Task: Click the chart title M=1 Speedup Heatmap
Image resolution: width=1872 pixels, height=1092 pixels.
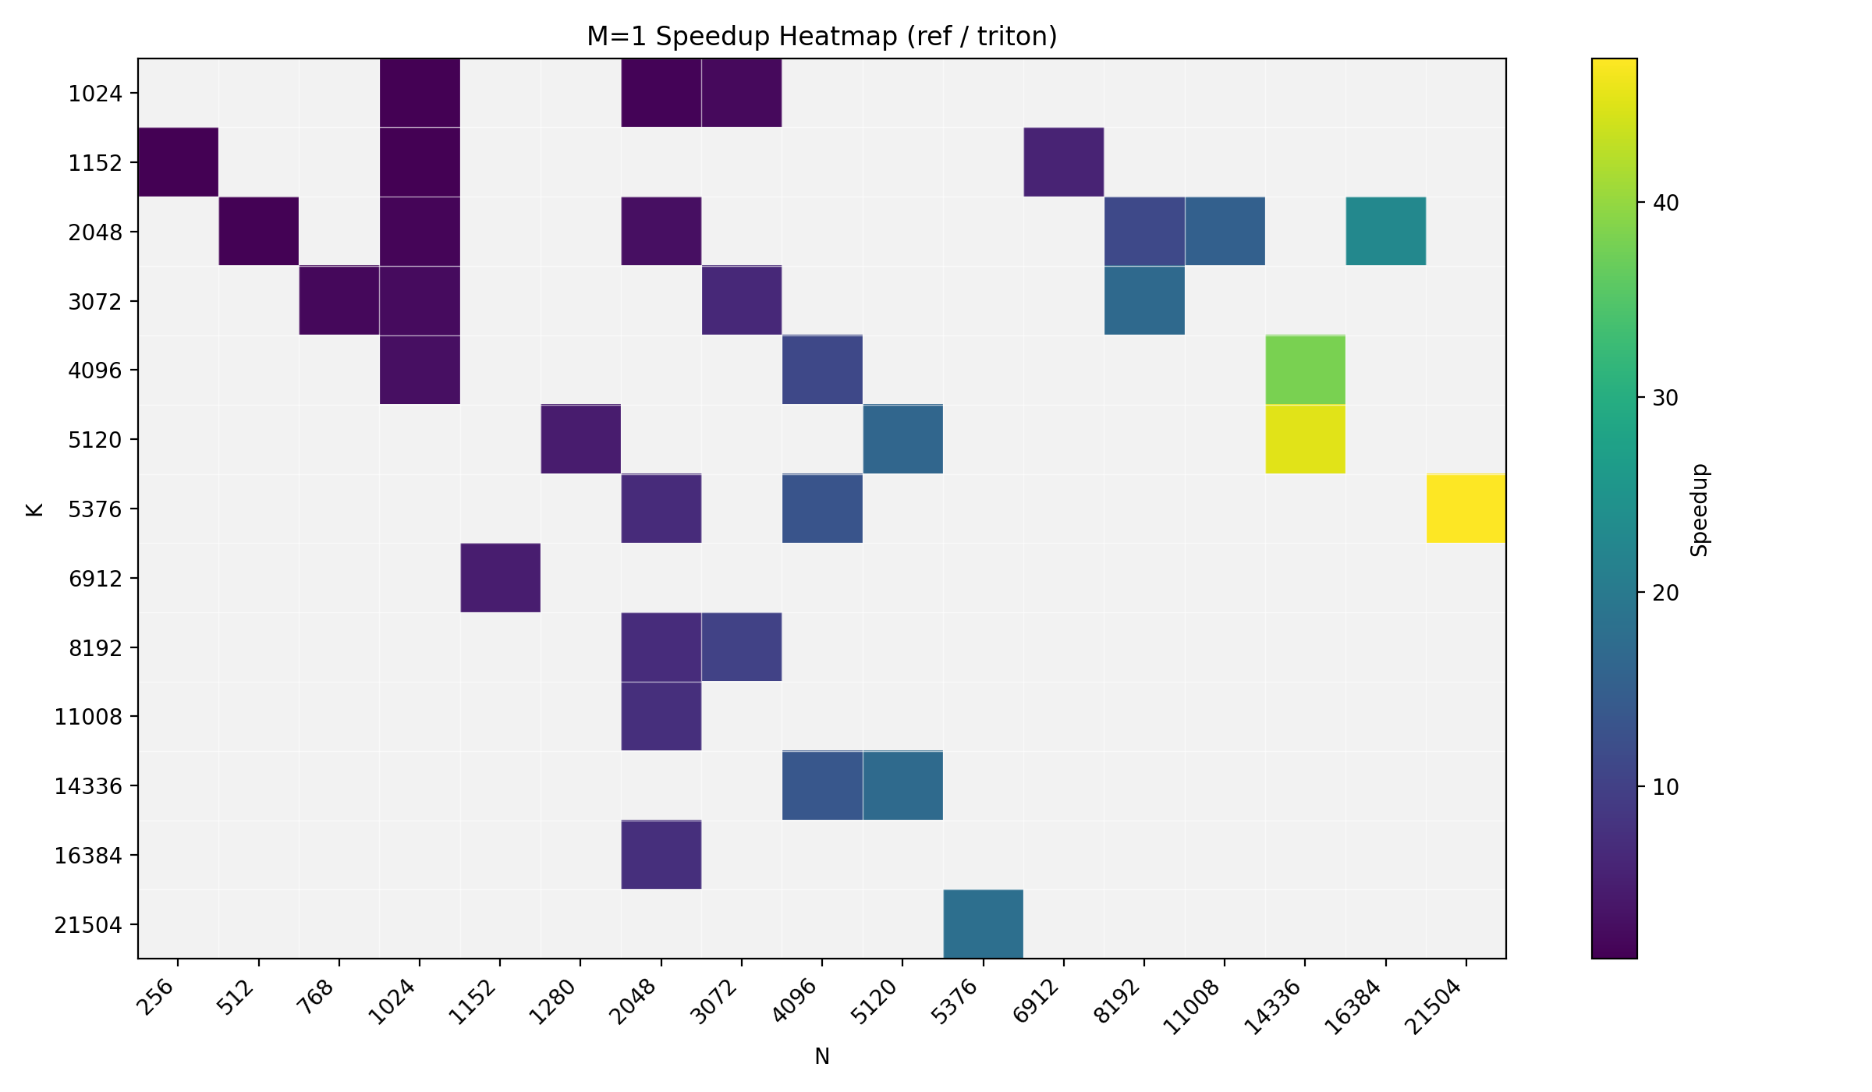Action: click(x=821, y=37)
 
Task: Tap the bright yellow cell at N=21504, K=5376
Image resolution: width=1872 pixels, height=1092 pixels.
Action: click(x=1466, y=509)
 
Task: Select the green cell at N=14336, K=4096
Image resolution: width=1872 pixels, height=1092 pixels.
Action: click(x=1305, y=370)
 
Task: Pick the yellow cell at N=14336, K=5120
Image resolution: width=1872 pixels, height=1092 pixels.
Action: click(x=1305, y=439)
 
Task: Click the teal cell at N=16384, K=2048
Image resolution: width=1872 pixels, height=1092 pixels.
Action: click(x=1385, y=232)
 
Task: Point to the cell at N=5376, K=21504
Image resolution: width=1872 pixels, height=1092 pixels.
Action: click(x=983, y=924)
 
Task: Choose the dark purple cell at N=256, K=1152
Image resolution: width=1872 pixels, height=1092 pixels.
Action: click(x=178, y=162)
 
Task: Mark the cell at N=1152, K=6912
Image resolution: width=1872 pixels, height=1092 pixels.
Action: click(x=500, y=578)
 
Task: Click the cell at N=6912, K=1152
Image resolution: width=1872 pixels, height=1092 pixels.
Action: click(x=1063, y=162)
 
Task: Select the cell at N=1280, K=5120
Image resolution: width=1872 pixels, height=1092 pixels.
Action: click(x=580, y=439)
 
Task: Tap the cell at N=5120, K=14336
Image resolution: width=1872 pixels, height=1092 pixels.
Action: click(x=902, y=785)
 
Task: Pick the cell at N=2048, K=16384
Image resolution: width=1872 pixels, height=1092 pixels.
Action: click(x=661, y=855)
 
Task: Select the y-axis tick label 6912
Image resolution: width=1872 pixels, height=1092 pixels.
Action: click(x=95, y=579)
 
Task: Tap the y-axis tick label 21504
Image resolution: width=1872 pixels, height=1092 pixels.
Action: click(x=88, y=925)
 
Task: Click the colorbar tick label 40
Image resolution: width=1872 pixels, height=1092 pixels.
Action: click(x=1665, y=203)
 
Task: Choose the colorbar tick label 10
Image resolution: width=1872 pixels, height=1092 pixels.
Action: click(x=1665, y=787)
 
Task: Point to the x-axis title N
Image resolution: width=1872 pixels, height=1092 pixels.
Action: click(x=821, y=1056)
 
